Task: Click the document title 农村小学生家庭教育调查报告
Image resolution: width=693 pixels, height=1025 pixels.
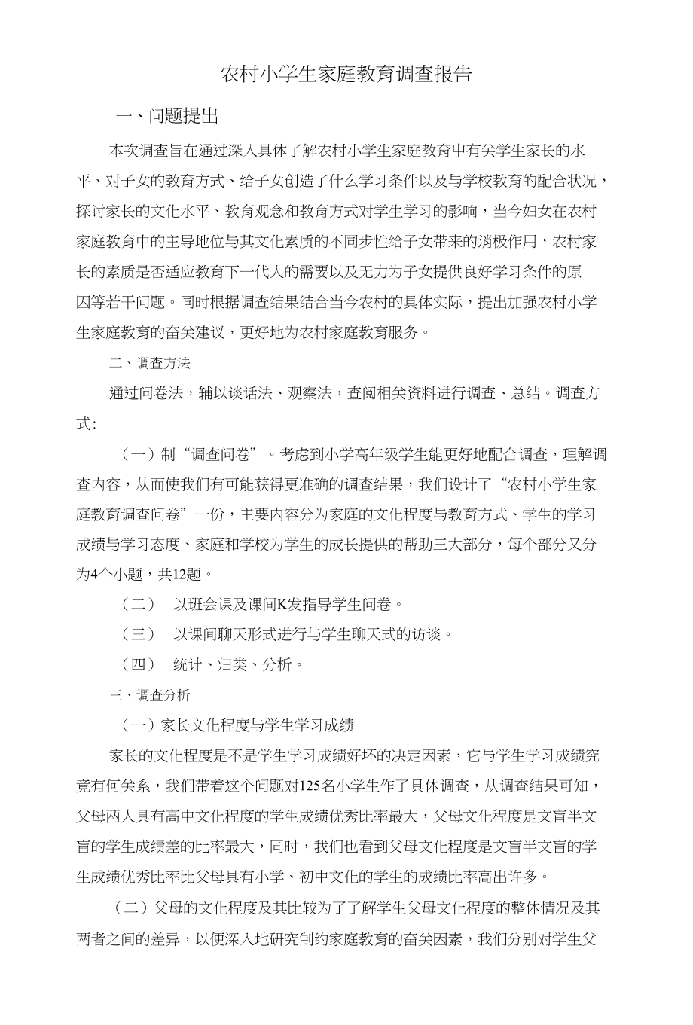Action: point(346,74)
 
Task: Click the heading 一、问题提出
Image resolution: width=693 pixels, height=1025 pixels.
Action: point(167,116)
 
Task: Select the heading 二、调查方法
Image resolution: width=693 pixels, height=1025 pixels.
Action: point(149,363)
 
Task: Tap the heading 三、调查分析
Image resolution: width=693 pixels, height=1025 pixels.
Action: point(149,694)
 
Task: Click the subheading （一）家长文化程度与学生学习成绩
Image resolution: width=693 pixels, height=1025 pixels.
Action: point(237,725)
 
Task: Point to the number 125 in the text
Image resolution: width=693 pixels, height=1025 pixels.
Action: point(310,786)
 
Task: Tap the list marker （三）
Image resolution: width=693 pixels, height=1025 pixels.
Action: point(138,634)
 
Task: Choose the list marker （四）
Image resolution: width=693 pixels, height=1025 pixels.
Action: point(138,664)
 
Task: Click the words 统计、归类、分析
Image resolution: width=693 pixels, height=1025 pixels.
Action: point(238,664)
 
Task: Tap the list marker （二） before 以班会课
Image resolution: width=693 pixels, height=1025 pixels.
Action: point(138,604)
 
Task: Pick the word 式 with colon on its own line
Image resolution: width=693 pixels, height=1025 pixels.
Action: point(83,423)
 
